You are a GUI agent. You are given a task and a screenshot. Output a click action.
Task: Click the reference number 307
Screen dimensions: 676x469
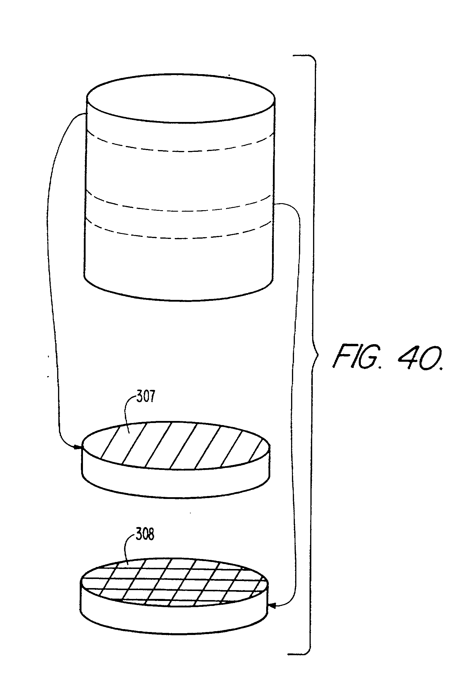(x=145, y=397)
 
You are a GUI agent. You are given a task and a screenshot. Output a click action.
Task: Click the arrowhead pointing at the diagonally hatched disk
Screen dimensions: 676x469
(x=78, y=447)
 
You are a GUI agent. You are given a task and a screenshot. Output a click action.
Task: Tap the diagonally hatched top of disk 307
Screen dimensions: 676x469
(x=176, y=445)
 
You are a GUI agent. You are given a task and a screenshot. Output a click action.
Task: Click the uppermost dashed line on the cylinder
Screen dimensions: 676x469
(x=179, y=151)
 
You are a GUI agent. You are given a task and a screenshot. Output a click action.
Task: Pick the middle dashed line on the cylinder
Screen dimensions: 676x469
(x=179, y=211)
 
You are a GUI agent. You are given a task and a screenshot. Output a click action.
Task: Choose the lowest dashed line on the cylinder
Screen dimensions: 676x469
(x=179, y=237)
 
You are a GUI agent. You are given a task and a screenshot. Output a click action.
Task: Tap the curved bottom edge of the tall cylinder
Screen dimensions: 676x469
(x=179, y=300)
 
